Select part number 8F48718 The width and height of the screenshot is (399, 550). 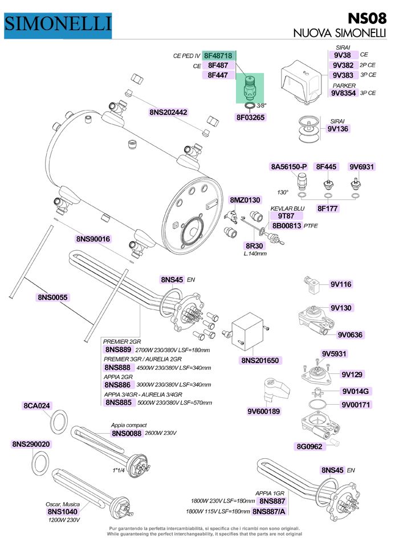pyautogui.click(x=218, y=56)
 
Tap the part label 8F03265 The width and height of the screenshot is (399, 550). pyautogui.click(x=251, y=117)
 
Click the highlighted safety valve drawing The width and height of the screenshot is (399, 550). pyautogui.click(x=249, y=88)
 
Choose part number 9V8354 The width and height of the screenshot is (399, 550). pyautogui.click(x=344, y=92)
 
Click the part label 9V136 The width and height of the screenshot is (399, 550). pyautogui.click(x=339, y=129)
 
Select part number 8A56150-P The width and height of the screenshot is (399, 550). pyautogui.click(x=288, y=167)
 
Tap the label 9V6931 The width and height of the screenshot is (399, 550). pyautogui.click(x=361, y=167)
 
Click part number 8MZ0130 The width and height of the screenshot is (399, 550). pyautogui.click(x=245, y=200)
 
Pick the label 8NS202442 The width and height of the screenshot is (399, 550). pyautogui.click(x=169, y=112)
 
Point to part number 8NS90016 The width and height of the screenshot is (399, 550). pyautogui.click(x=93, y=239)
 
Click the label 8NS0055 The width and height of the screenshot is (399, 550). pyautogui.click(x=53, y=297)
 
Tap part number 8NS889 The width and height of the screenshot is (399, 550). pyautogui.click(x=119, y=349)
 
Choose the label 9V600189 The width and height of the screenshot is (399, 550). pyautogui.click(x=264, y=412)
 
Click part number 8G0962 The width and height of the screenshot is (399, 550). pyautogui.click(x=310, y=446)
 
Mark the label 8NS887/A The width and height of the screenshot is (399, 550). pyautogui.click(x=268, y=511)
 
